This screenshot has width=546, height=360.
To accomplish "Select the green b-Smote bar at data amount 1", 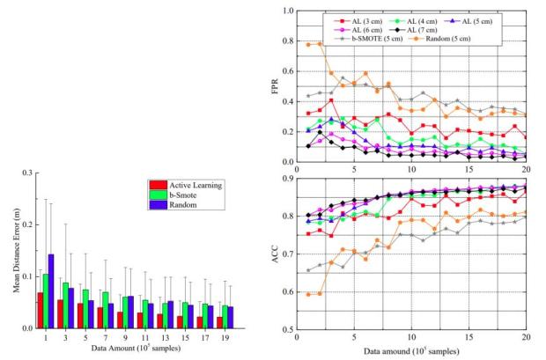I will click(70, 300).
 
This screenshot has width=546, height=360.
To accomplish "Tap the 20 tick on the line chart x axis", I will click(526, 339).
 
